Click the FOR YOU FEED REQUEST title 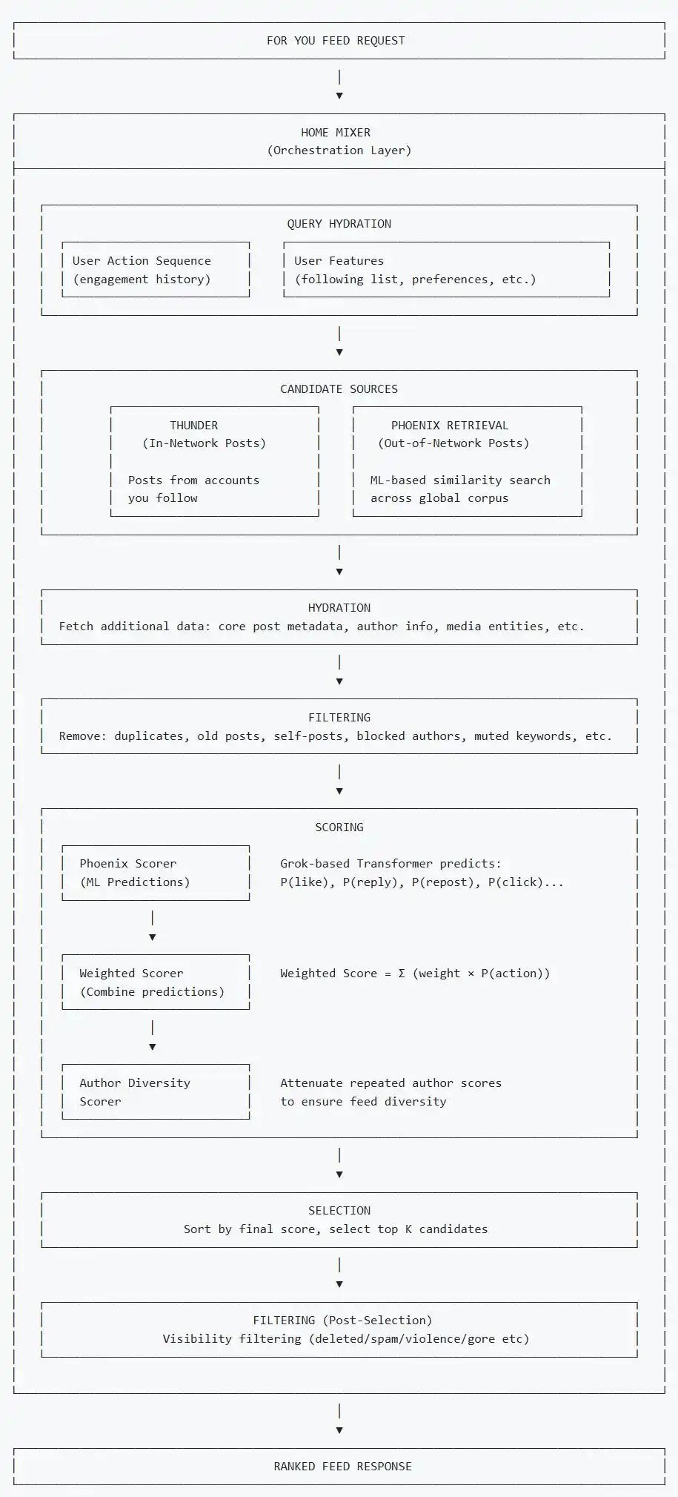(x=336, y=41)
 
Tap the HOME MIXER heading (x=336, y=133)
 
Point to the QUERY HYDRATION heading (x=339, y=224)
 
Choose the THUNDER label (x=194, y=426)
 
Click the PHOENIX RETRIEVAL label (x=450, y=426)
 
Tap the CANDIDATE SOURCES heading (x=339, y=389)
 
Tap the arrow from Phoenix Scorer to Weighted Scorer (x=153, y=927)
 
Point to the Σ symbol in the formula (x=402, y=974)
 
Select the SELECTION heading (x=339, y=1211)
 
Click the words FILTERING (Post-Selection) (x=342, y=1321)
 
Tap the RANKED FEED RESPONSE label (x=343, y=1467)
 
